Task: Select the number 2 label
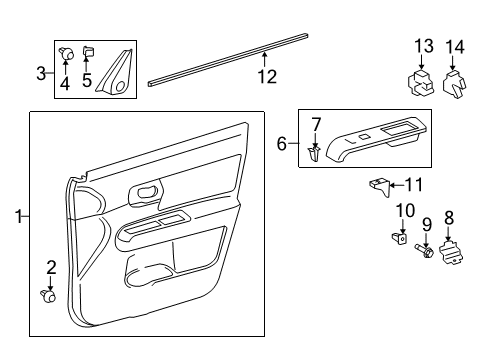(x=51, y=266)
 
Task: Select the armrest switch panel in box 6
(x=375, y=140)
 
